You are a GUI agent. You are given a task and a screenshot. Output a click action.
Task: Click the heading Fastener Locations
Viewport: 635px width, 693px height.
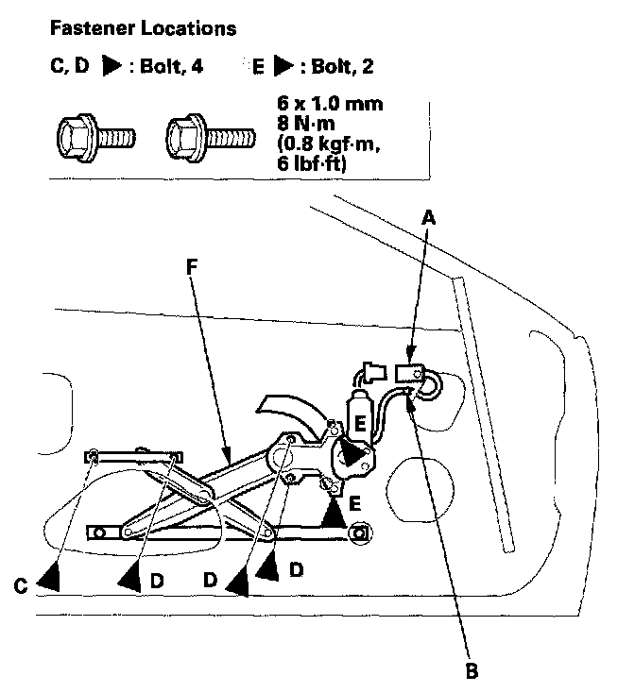(141, 28)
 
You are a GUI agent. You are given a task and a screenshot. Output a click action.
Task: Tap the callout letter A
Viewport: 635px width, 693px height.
(428, 216)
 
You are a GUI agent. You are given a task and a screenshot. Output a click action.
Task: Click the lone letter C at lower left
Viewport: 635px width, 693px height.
(20, 585)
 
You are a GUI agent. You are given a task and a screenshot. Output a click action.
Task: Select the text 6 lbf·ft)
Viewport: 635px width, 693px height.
(310, 163)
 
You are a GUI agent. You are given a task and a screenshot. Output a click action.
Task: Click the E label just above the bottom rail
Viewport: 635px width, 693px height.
(354, 503)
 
